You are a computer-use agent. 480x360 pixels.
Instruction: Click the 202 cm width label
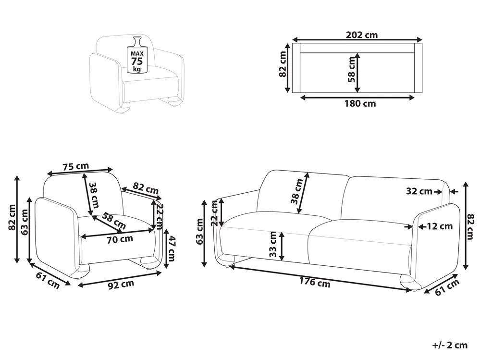361,35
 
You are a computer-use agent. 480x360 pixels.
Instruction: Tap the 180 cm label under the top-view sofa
360,104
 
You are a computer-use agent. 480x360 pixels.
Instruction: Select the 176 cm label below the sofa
315,282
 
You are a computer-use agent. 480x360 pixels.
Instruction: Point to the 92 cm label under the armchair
122,285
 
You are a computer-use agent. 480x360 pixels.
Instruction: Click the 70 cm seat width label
120,239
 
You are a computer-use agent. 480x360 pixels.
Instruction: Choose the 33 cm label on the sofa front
273,244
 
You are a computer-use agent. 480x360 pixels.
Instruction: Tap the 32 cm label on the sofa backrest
419,191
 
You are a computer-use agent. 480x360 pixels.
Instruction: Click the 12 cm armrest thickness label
440,226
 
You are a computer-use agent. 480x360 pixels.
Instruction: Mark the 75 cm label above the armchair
75,166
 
